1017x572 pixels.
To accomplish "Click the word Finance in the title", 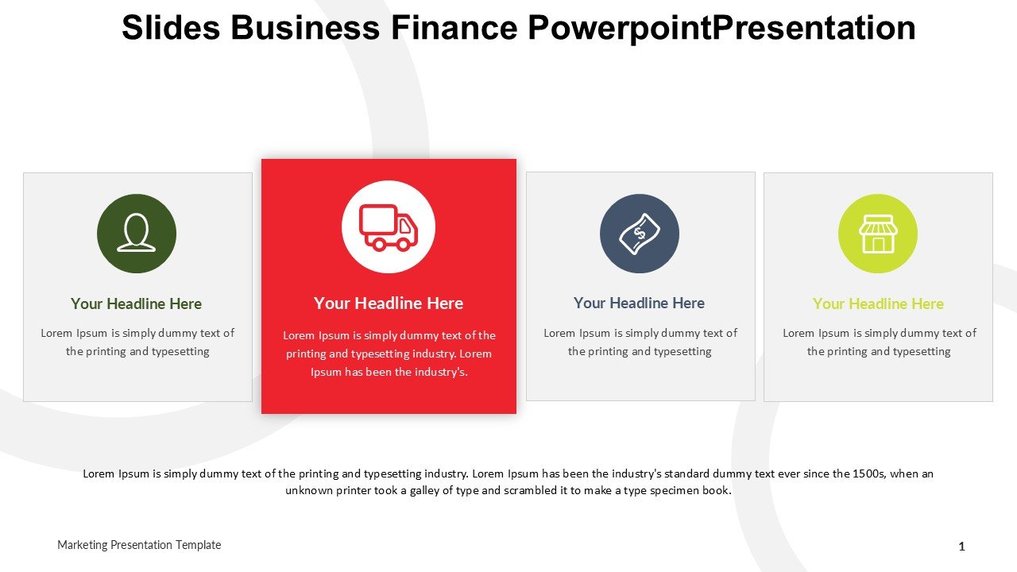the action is click(x=454, y=28).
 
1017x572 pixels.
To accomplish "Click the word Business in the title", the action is click(x=305, y=28).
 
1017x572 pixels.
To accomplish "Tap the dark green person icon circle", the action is click(x=137, y=234).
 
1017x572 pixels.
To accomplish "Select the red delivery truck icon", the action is click(x=389, y=227).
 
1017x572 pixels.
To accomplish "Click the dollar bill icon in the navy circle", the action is click(x=640, y=234).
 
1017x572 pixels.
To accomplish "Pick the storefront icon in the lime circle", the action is click(x=878, y=234).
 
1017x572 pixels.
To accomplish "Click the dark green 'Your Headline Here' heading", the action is click(x=136, y=303).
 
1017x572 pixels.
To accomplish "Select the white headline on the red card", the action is click(x=389, y=303).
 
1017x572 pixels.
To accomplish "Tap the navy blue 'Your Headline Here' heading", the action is click(x=640, y=303).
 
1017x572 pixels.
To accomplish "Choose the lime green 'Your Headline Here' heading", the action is click(x=878, y=303).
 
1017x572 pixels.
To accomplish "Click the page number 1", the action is click(x=961, y=547).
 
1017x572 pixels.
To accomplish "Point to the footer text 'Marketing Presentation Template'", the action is click(x=139, y=545).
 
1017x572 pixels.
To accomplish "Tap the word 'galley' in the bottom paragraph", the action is click(x=424, y=491).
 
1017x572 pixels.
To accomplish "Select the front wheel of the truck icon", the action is click(x=402, y=244).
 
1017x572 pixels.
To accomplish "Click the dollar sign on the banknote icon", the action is click(x=640, y=234).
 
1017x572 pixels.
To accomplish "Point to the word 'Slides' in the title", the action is click(x=171, y=28).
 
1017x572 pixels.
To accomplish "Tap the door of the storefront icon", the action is click(x=878, y=245).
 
